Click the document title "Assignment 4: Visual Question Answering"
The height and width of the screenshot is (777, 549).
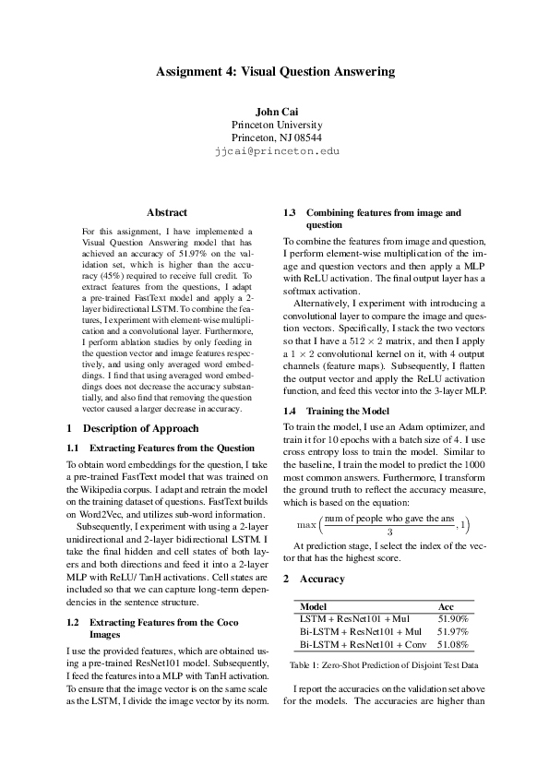click(275, 71)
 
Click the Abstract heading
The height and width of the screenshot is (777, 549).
click(167, 212)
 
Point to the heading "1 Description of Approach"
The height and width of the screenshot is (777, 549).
click(134, 428)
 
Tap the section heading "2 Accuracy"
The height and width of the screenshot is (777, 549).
click(315, 579)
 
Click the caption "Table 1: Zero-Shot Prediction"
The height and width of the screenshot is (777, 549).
click(383, 664)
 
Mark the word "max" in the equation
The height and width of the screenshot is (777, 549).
click(306, 525)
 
